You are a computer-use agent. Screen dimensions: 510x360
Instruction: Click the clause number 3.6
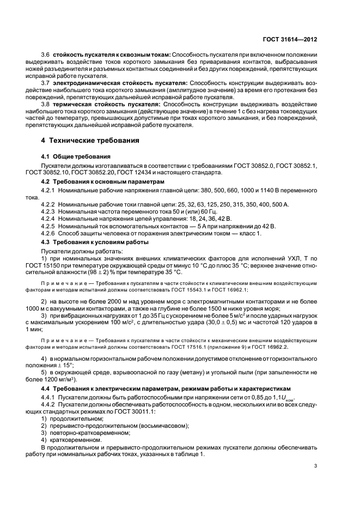[45, 55]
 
